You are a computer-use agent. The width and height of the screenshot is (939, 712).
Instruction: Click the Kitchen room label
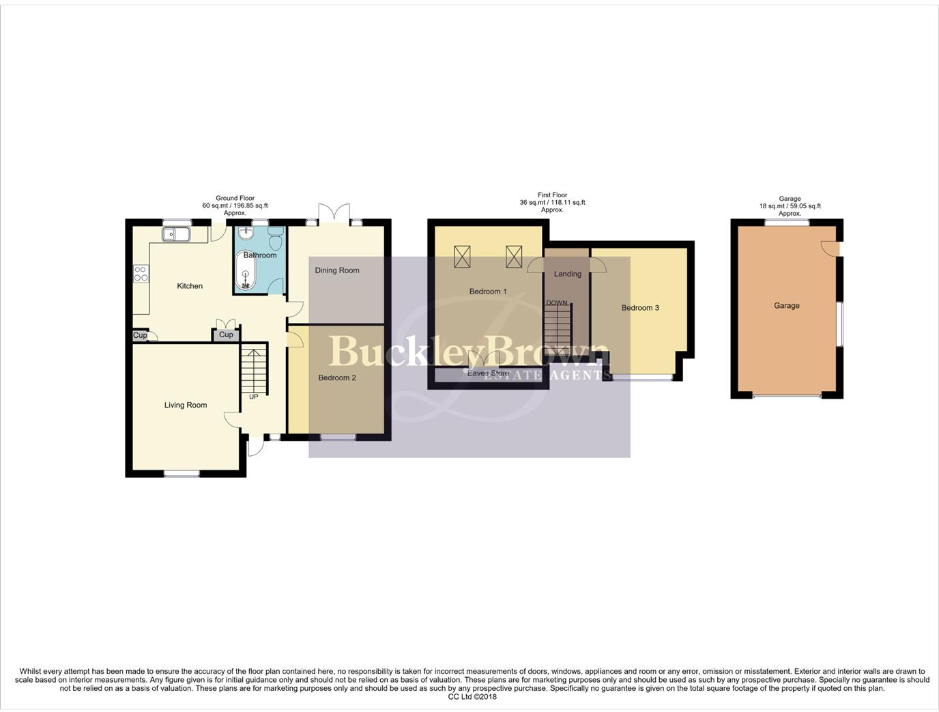click(190, 286)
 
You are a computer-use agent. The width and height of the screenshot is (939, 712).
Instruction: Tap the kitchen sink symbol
click(175, 234)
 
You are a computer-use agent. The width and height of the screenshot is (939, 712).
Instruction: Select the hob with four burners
click(141, 274)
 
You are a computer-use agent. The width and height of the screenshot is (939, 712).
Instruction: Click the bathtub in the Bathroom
click(246, 272)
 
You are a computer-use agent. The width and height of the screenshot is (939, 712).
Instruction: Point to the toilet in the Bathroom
click(276, 240)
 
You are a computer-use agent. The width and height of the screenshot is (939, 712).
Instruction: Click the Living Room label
click(185, 405)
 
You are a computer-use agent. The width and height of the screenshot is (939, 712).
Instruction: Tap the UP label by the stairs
click(254, 397)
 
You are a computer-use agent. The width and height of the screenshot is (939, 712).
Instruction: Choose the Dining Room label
click(337, 270)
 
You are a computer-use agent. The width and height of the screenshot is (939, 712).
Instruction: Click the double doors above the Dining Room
click(334, 213)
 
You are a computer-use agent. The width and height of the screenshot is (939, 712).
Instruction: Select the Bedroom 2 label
click(337, 378)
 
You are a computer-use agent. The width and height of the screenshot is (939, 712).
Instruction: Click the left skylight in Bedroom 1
click(462, 257)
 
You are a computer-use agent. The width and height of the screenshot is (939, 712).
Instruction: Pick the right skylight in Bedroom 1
click(514, 257)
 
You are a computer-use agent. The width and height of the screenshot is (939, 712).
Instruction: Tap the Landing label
click(568, 274)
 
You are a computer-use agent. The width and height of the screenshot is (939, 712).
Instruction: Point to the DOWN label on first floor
click(557, 303)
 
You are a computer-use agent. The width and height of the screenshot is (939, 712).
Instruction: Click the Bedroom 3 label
click(640, 308)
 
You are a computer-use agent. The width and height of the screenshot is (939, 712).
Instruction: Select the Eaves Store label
click(489, 373)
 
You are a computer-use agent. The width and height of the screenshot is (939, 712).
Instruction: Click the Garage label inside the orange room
click(787, 306)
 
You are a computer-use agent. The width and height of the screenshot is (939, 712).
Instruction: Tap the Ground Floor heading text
click(235, 198)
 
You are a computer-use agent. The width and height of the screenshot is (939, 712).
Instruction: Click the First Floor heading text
click(553, 195)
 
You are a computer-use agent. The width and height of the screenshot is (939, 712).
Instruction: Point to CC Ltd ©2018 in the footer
click(472, 697)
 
